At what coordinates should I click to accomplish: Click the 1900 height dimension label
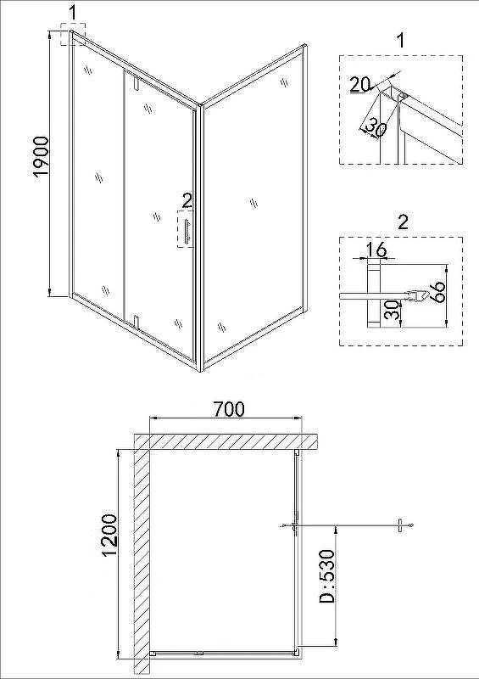(41, 157)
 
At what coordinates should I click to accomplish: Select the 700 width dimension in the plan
(229, 409)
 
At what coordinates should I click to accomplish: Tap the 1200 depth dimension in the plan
(109, 535)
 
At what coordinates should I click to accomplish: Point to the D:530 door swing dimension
(326, 576)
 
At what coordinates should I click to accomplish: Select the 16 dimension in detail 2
(376, 250)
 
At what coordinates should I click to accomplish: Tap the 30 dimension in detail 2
(392, 309)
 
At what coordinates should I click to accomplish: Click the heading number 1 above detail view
(401, 41)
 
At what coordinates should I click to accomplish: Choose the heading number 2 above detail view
(403, 222)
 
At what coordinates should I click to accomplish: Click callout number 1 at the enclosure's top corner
(73, 13)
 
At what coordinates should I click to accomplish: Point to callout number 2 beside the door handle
(187, 200)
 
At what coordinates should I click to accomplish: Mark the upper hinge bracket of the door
(136, 83)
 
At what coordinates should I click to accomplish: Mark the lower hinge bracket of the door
(136, 323)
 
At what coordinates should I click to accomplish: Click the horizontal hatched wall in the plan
(226, 441)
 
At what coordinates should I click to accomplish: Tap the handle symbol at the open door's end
(400, 525)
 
